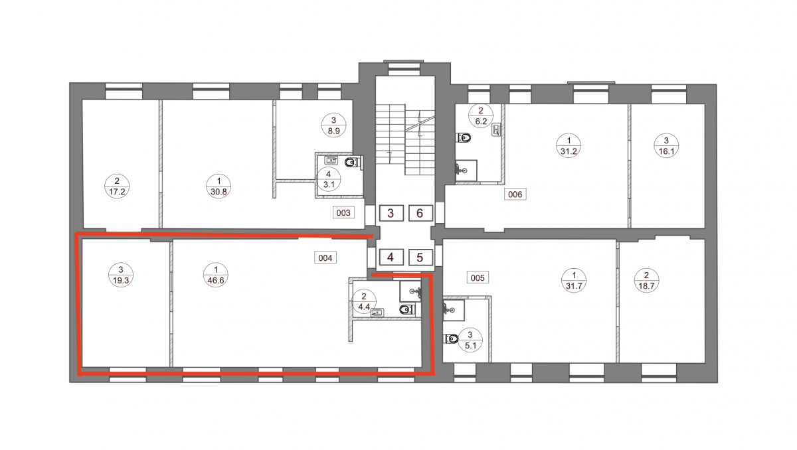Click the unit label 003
pos(343,212)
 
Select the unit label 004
pos(325,258)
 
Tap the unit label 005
pos(478,277)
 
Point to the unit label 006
pos(515,194)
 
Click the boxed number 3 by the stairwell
pos(391,213)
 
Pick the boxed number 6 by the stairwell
pos(420,213)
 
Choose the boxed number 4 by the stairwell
pos(391,257)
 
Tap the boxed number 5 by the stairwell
pos(420,257)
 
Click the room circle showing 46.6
pos(216,275)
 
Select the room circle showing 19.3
pos(121,275)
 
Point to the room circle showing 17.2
pos(117,187)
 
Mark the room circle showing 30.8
pos(219,187)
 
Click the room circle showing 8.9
pos(333,125)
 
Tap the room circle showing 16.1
pos(666,146)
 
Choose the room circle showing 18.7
pos(646,281)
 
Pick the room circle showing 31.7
pos(574,281)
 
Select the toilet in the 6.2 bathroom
pos(464,137)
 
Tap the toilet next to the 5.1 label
pos(451,338)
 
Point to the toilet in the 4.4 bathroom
pos(407,309)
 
